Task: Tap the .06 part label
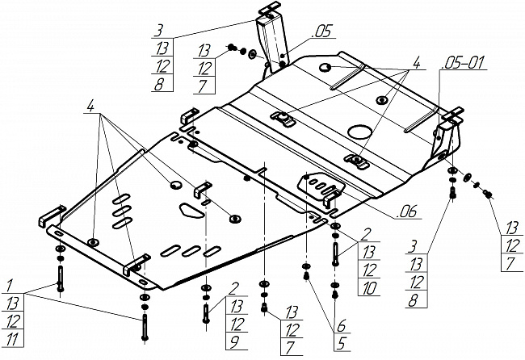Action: click(407, 213)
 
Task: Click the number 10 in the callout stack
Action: click(370, 287)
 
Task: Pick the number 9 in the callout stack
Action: click(237, 341)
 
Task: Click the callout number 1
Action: click(10, 285)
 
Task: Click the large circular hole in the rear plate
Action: click(359, 132)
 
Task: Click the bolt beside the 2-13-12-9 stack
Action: click(207, 310)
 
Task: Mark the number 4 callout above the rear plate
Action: click(418, 61)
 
